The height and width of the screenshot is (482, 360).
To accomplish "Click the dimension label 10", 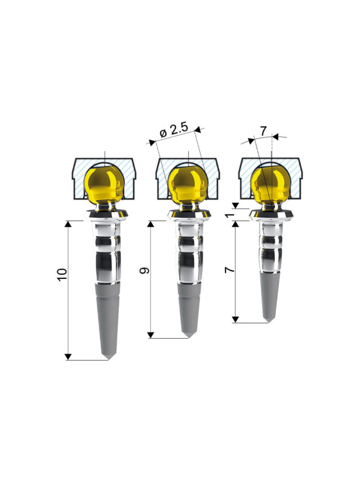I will tap(62, 274).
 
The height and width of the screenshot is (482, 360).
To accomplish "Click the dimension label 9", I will tap(144, 271).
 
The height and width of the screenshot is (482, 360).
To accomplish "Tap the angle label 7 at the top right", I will tap(263, 131).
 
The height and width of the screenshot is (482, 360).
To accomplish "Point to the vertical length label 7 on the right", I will tap(229, 270).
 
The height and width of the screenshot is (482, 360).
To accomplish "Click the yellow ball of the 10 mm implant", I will tap(104, 184).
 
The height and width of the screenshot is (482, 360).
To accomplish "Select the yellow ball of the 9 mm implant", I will tap(187, 184).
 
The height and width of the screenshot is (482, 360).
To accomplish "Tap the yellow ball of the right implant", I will tap(270, 184).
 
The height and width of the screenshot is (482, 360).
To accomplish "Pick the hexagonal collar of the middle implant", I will tap(189, 215).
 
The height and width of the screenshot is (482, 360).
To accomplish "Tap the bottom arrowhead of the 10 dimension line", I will tap(68, 357).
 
